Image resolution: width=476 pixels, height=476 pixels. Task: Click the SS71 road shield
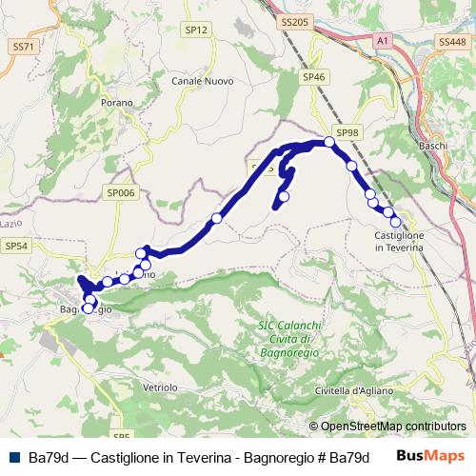23,46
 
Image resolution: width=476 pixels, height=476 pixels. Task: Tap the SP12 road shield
196,30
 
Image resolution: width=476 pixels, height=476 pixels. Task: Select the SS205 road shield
297,20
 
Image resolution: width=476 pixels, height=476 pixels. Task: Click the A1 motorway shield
382,42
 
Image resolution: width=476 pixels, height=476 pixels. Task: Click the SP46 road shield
313,76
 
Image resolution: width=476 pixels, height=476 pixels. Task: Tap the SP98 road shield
347,133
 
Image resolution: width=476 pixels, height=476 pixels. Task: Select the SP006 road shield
122,192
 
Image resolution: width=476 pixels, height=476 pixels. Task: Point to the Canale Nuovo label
197,80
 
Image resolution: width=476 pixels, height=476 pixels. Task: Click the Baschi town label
433,146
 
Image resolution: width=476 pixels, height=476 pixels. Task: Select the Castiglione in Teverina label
399,241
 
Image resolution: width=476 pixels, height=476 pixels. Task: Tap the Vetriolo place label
160,387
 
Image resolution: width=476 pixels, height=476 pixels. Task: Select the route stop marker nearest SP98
329,142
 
